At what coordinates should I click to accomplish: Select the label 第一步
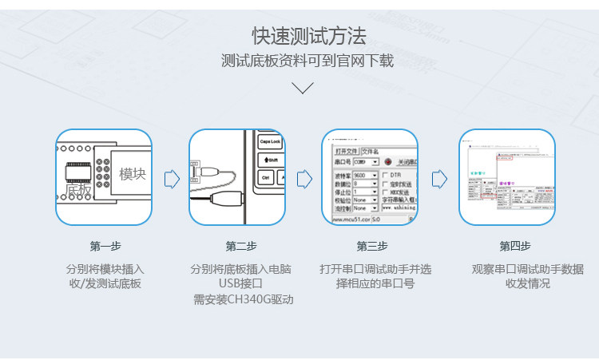105,246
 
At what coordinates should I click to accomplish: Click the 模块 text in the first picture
133,174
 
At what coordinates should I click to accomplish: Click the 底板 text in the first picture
78,191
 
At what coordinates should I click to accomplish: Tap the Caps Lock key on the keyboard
271,141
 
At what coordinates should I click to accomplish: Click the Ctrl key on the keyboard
264,178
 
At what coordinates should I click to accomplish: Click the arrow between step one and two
172,178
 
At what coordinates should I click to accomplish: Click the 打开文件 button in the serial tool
347,150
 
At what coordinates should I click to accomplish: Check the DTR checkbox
386,174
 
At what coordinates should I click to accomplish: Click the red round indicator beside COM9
387,162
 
